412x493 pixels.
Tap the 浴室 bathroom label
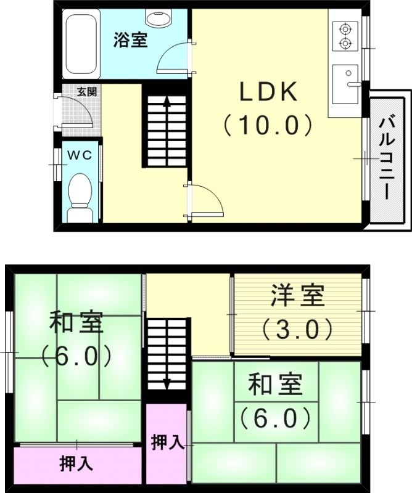[130, 41]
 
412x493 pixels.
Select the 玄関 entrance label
[86, 92]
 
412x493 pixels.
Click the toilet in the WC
[79, 196]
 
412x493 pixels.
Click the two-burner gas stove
[344, 36]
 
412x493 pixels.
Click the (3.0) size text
[297, 329]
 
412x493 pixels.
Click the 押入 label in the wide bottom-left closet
[76, 463]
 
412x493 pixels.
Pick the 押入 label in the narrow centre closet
[167, 442]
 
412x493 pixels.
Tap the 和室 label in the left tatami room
[76, 323]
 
